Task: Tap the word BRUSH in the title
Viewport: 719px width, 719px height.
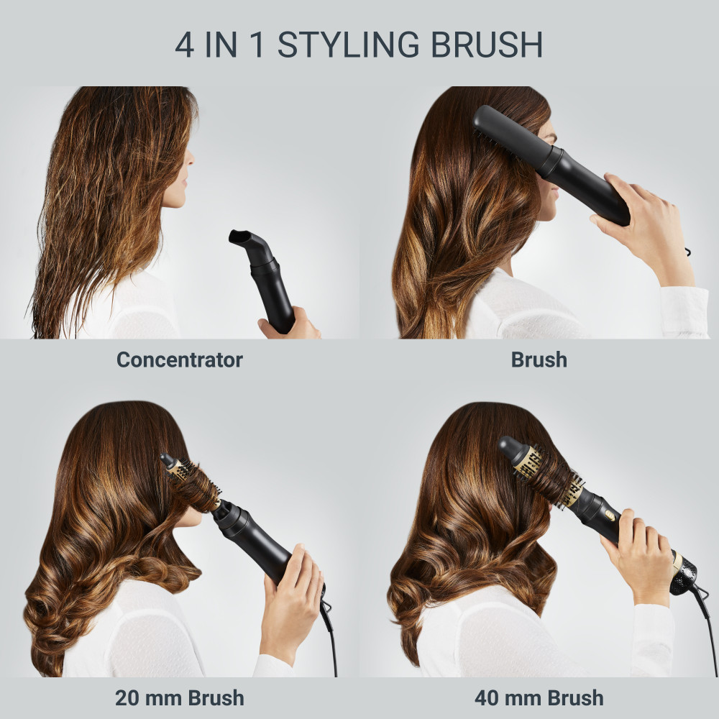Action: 487,45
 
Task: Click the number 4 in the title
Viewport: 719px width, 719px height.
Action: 184,45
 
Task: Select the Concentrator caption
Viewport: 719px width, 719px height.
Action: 179,359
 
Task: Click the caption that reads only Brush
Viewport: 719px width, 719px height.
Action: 539,359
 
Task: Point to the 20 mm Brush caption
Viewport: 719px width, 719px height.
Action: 179,697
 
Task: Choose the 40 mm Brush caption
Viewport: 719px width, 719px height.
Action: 539,697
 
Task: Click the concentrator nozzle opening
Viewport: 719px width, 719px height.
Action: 239,237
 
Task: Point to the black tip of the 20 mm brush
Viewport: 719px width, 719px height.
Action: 167,460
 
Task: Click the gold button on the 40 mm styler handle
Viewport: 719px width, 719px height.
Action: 610,516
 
